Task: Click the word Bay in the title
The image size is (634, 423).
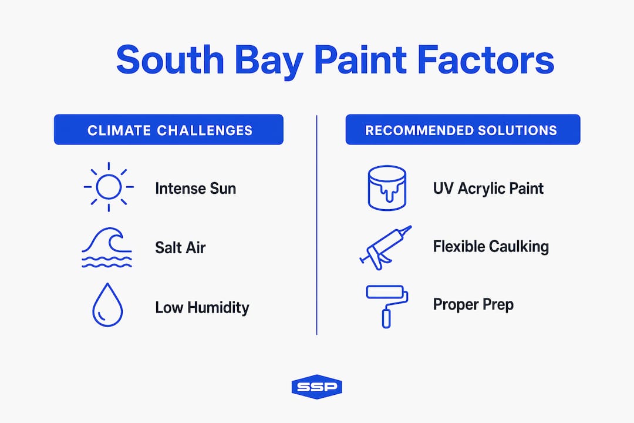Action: (269, 61)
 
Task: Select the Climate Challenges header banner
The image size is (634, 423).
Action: (168, 129)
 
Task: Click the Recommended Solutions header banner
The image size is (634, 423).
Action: (463, 129)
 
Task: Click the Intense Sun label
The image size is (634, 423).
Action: (195, 189)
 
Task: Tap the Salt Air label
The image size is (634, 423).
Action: (180, 248)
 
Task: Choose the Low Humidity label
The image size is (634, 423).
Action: (202, 308)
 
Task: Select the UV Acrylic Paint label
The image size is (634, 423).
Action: (488, 189)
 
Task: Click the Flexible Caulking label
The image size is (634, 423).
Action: (491, 247)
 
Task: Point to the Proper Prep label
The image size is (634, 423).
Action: (474, 305)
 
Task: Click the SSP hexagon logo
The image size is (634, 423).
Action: (317, 387)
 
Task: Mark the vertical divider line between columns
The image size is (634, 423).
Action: (316, 225)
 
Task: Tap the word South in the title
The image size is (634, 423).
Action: (170, 60)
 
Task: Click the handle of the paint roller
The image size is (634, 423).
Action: (386, 318)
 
